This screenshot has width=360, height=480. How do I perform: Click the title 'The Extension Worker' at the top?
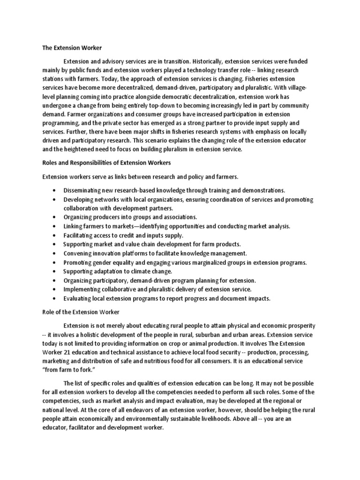72,48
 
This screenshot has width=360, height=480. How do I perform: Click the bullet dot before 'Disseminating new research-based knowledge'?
55,191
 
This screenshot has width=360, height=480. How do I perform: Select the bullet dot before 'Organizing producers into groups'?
55,217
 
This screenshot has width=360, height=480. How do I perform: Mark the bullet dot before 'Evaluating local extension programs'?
55,299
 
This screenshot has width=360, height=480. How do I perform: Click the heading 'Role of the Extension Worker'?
80,312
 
